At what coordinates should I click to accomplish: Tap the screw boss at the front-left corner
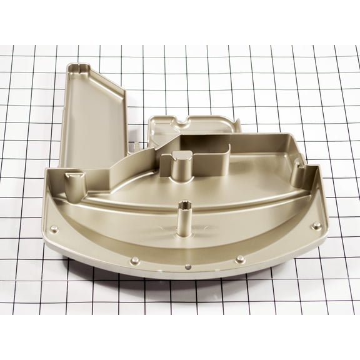coord(54,227)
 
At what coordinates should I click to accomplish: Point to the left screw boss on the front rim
coord(134,259)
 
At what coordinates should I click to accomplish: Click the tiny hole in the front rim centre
coord(188,266)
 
